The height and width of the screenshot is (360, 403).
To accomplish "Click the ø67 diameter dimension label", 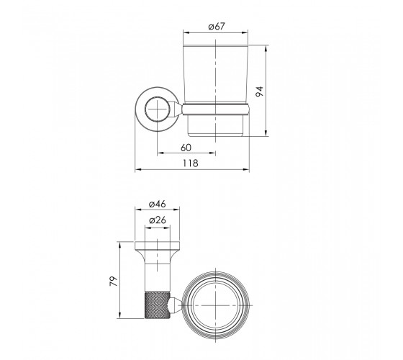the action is [x=217, y=27].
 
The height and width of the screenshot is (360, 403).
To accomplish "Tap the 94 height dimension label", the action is [x=260, y=91].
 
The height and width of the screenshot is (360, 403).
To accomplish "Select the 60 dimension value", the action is [x=186, y=148].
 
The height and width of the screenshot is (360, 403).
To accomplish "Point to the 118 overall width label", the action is [x=191, y=163].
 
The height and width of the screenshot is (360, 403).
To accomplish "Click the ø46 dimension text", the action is [x=158, y=204].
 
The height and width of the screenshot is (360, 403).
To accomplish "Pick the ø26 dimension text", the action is [x=158, y=220].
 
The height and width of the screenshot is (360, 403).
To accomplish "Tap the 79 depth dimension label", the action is [x=114, y=281].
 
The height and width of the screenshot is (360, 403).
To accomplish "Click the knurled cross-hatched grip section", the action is [x=158, y=305].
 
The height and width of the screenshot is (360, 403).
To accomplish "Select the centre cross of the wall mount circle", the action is [x=157, y=109].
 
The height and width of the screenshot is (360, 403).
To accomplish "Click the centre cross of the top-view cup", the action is [x=217, y=305].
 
